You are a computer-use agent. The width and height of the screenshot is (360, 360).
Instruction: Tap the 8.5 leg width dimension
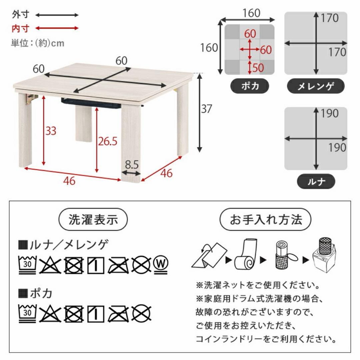click(x=131, y=165)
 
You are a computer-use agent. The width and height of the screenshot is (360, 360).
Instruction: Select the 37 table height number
click(x=207, y=109)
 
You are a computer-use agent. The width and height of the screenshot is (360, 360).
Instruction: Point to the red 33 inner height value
click(x=51, y=131)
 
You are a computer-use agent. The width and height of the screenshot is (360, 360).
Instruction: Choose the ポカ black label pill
click(x=250, y=86)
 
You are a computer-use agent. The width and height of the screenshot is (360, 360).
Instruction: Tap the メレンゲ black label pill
click(x=315, y=86)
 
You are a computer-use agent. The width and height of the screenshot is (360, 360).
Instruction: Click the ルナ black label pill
click(x=316, y=182)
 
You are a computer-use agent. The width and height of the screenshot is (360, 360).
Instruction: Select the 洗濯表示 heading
click(x=93, y=220)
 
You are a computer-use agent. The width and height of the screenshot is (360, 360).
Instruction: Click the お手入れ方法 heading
click(x=266, y=220)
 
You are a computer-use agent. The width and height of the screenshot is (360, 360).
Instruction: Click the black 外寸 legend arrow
click(x=57, y=15)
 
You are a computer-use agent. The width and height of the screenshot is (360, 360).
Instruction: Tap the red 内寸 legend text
click(x=21, y=29)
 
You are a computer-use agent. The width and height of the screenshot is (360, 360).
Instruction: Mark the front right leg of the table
click(x=131, y=143)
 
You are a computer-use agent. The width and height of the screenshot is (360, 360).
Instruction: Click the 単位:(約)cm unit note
click(x=37, y=43)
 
